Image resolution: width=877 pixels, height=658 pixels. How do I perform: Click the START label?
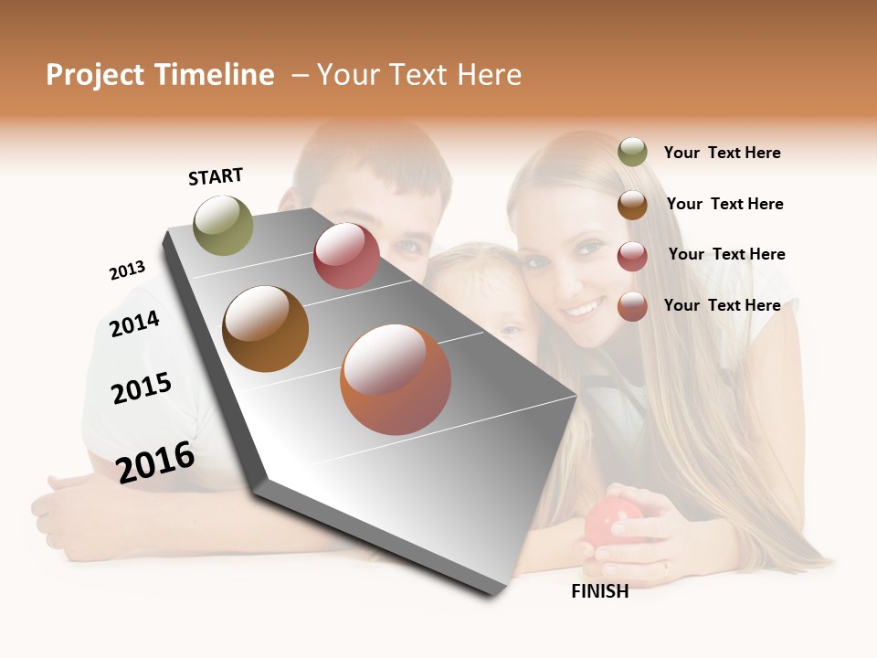click(216, 176)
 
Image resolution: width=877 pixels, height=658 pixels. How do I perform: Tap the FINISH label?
click(599, 591)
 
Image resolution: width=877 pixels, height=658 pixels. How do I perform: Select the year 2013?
click(127, 271)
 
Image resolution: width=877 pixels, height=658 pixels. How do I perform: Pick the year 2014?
click(134, 324)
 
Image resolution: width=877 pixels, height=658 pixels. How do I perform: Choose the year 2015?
click(142, 388)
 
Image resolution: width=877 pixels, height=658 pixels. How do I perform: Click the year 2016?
click(155, 462)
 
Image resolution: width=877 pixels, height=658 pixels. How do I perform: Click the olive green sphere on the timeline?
click(224, 225)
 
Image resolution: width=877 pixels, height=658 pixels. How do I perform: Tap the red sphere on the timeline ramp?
click(346, 256)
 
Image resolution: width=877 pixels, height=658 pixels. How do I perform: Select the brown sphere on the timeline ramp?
click(266, 329)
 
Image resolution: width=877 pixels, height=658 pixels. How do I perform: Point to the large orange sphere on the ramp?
click(396, 379)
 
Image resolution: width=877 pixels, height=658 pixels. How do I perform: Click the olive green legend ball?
click(632, 153)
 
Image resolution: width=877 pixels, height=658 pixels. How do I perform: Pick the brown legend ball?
click(632, 205)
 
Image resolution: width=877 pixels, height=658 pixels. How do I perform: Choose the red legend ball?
click(632, 256)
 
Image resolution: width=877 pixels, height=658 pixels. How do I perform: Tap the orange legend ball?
click(632, 306)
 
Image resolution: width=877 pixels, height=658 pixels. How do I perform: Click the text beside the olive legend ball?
click(722, 153)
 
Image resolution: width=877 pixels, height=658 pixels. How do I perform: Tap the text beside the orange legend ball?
click(722, 305)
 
